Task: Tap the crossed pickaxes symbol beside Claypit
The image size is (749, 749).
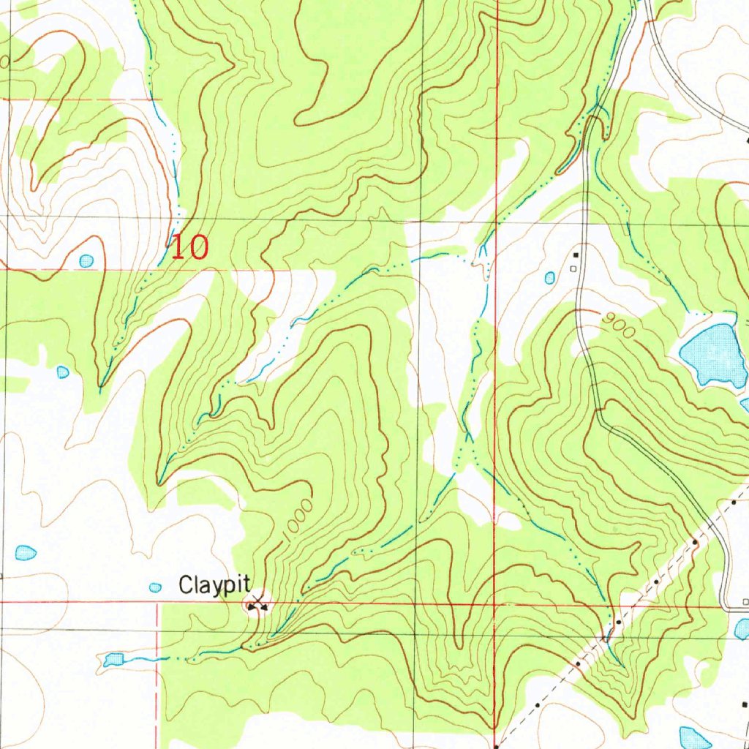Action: pyautogui.click(x=256, y=604)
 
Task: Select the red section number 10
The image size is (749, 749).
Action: pyautogui.click(x=189, y=247)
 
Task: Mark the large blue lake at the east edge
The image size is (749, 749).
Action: pyautogui.click(x=712, y=354)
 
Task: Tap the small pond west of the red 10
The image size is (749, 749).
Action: pyautogui.click(x=86, y=260)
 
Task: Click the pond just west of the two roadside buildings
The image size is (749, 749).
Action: pyautogui.click(x=549, y=277)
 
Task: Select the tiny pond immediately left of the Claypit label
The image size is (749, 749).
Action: pyautogui.click(x=155, y=587)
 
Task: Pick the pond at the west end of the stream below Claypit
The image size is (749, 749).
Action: pyautogui.click(x=113, y=660)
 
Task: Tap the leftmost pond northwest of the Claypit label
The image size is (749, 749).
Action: pyautogui.click(x=26, y=552)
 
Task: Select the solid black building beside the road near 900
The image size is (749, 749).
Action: pyautogui.click(x=576, y=255)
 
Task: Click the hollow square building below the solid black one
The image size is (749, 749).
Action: pyautogui.click(x=573, y=268)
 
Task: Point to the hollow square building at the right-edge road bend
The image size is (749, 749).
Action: pyautogui.click(x=745, y=601)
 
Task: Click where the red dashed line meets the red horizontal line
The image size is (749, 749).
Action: pyautogui.click(x=157, y=603)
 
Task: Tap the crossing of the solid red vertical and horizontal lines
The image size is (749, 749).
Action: pyautogui.click(x=495, y=606)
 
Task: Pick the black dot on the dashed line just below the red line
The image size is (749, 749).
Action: pyautogui.click(x=618, y=621)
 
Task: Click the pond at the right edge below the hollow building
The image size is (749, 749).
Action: pyautogui.click(x=742, y=628)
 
